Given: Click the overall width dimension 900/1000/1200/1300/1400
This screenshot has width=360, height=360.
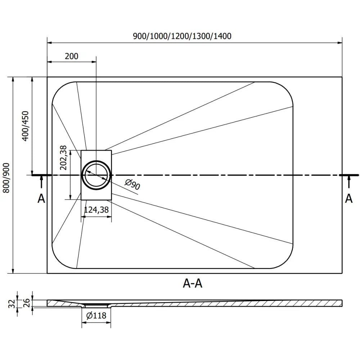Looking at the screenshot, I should point(182,36).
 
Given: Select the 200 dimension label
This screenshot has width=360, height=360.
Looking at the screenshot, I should point(71,56).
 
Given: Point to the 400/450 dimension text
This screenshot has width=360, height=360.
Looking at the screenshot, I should point(25,126).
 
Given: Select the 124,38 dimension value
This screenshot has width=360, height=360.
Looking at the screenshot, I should point(96,210).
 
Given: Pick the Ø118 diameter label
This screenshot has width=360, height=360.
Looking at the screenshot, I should point(96,316).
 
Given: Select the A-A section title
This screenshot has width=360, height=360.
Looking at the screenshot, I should point(193,284).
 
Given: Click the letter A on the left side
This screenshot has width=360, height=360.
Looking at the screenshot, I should point(41,198).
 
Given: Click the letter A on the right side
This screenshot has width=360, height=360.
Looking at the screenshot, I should point(348,198).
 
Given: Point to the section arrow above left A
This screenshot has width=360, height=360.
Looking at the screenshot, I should point(41,182).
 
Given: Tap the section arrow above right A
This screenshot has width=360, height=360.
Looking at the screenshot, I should point(348,182).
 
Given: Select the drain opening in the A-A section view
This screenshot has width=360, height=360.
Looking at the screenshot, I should point(96,305).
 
